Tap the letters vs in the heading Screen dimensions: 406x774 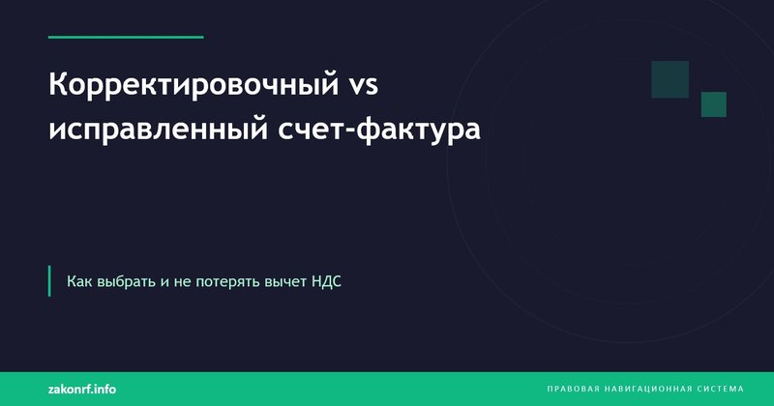pos(362,86)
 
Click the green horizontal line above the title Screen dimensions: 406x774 pos(126,37)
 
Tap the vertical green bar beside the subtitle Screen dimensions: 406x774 pos(49,280)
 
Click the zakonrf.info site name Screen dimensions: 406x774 pos(82,388)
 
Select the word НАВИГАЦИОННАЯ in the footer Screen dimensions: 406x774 pos(651,389)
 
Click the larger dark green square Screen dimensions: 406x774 pos(670,79)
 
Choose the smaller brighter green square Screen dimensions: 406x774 pos(713,104)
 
